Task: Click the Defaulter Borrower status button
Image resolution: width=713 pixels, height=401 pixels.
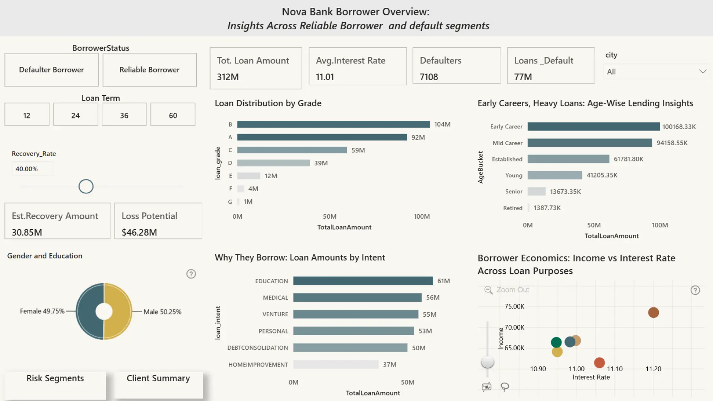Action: (x=52, y=70)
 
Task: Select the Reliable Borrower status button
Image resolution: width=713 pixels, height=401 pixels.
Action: (x=149, y=70)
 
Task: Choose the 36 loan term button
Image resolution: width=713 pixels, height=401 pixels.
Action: (x=124, y=115)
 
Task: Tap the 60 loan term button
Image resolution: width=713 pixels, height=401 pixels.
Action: (x=173, y=115)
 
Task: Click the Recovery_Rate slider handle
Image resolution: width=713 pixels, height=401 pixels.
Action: (x=86, y=186)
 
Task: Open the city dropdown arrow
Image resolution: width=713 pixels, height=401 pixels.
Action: (x=703, y=72)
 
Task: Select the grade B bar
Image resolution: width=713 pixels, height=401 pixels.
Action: (x=333, y=124)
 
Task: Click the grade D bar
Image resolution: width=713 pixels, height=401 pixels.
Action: (x=273, y=163)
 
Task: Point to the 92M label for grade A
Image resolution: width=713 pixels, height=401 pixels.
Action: (x=418, y=137)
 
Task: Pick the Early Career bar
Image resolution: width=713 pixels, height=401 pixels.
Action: (x=593, y=127)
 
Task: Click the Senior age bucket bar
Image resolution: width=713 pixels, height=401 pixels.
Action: (x=537, y=192)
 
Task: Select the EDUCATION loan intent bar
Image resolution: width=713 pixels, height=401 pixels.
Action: (x=363, y=281)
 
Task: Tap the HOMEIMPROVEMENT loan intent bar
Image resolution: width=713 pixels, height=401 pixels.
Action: (x=336, y=365)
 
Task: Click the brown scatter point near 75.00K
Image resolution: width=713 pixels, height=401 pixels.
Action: (x=653, y=313)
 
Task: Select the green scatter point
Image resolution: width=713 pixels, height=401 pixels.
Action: (x=556, y=342)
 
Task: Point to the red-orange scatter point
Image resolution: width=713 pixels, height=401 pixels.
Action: (x=599, y=362)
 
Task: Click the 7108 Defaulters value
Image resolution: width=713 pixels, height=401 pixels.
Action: (x=429, y=77)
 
